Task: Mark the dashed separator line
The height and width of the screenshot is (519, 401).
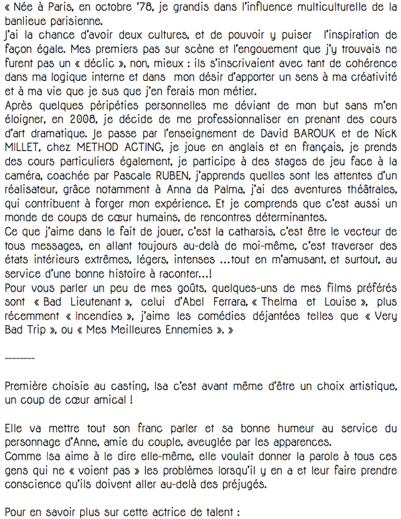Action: click(x=19, y=357)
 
